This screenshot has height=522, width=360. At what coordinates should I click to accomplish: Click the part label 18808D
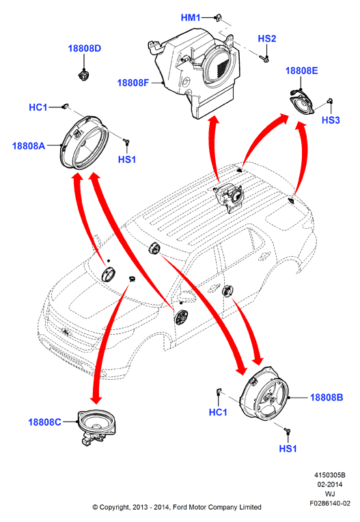[x=84, y=49]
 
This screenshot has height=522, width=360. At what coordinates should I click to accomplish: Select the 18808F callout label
[x=133, y=83]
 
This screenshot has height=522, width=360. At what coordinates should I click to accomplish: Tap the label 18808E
[x=301, y=70]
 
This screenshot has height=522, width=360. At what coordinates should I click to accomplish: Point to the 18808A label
[x=29, y=146]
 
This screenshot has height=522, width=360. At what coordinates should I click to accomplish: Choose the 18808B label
[x=327, y=398]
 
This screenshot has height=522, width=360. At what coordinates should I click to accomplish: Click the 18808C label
[x=44, y=422]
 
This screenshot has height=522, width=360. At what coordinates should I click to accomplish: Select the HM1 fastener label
[x=191, y=18]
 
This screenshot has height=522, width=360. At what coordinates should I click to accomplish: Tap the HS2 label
[x=267, y=39]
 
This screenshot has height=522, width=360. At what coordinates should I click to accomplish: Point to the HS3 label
[x=331, y=120]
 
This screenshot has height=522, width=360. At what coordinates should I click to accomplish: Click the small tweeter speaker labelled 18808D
[x=84, y=75]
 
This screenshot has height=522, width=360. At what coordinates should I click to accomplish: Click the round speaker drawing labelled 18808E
[x=301, y=103]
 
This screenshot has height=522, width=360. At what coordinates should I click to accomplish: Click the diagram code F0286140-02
[x=330, y=503]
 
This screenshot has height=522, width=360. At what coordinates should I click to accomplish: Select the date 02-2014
[x=330, y=484]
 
